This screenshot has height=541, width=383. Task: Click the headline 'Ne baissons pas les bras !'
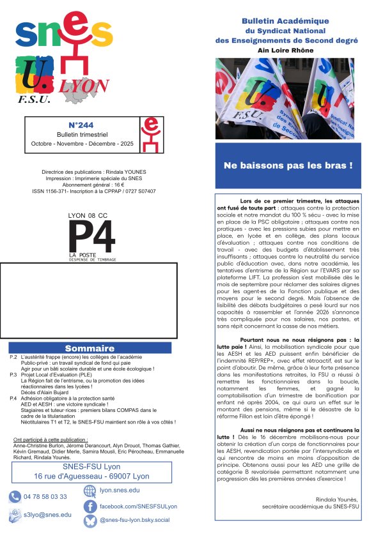(288, 165)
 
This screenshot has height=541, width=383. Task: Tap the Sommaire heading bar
(90, 348)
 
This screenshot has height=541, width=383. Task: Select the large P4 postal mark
(92, 236)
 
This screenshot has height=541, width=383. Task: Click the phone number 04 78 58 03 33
(45, 496)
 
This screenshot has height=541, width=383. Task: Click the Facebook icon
(90, 506)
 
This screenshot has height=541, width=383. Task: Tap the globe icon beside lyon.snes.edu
(90, 491)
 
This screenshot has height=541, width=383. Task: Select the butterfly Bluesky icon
(90, 521)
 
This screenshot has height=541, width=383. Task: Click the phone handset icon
(15, 496)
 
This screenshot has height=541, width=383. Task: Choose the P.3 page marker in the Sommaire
(13, 374)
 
